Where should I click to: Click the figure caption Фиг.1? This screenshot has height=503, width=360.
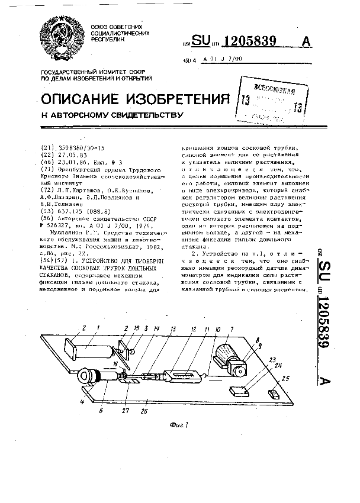(x=178, y=424)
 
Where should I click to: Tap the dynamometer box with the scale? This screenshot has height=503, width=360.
(x=185, y=375)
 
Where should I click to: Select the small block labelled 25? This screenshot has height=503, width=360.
(x=274, y=392)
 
